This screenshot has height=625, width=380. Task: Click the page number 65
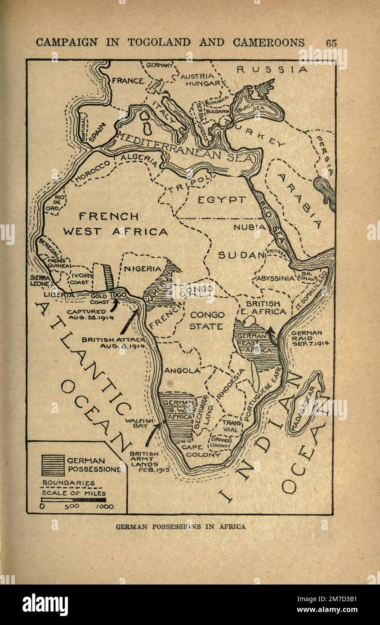tap(331, 43)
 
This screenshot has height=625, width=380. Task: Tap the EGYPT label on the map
tap(222, 200)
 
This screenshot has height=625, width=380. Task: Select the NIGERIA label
tap(142, 269)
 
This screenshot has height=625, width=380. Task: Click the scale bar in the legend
tap(73, 499)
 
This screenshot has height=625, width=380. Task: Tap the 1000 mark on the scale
tap(104, 507)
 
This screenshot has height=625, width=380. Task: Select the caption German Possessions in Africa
tap(181, 527)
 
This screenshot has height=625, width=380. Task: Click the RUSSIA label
tap(272, 70)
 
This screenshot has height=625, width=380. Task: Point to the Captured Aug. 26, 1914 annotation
tap(86, 314)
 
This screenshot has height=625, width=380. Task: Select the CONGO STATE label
tap(206, 321)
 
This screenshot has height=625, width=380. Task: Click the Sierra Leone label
tap(40, 281)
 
